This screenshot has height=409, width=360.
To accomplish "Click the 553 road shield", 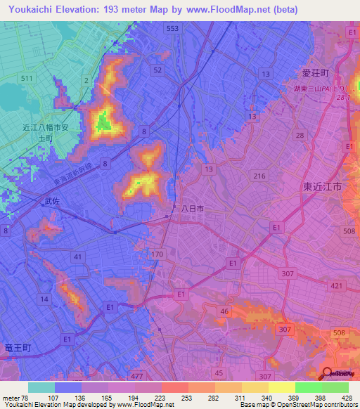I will click(172, 28).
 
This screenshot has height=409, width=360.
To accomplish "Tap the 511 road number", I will click(27, 78).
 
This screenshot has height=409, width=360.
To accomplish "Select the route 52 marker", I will click(157, 70).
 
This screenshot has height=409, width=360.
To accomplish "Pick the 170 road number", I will click(157, 254).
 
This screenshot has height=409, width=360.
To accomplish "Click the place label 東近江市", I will click(322, 188).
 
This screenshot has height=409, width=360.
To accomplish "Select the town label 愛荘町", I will click(316, 73).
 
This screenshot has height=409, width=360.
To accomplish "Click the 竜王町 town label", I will click(17, 347).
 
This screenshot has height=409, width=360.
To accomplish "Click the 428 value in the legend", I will click(345, 397).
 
